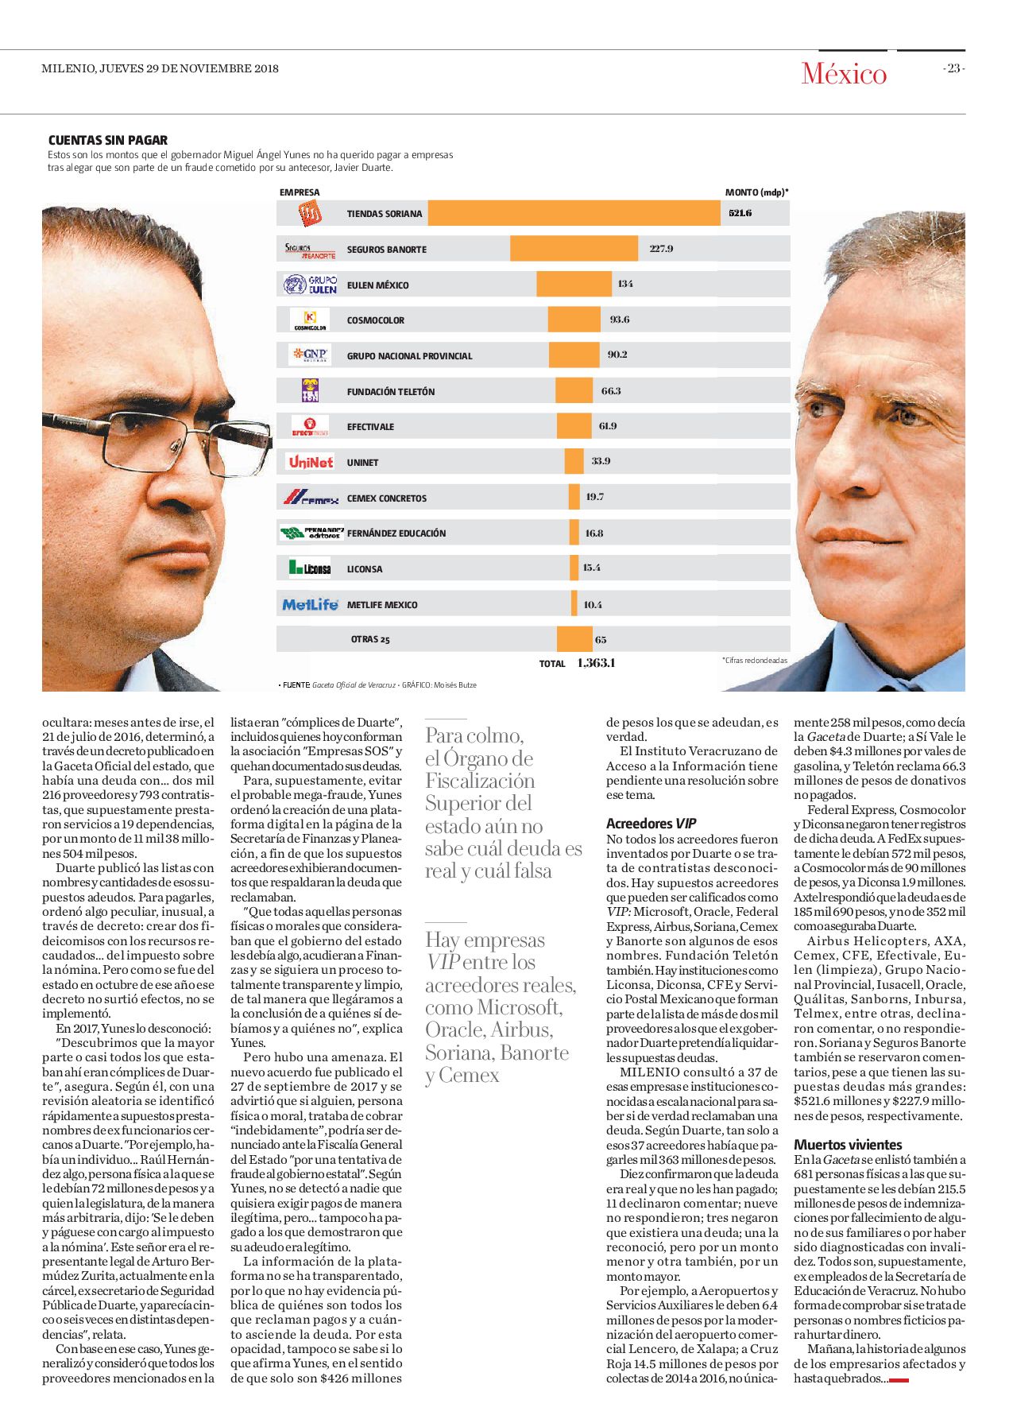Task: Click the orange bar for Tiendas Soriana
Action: pos(574,213)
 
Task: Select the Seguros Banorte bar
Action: pos(574,249)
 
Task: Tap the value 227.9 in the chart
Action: pos(661,249)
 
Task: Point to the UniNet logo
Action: pos(311,462)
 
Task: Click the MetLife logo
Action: pos(310,604)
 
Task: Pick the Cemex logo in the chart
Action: pos(311,498)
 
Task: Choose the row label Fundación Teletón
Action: pos(391,391)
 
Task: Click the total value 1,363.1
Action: pos(596,663)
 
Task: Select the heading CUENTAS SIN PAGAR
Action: pos(108,140)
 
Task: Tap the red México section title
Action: pos(844,74)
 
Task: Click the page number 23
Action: pos(953,68)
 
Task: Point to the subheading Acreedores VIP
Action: pos(651,824)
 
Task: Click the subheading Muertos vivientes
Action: pos(848,1145)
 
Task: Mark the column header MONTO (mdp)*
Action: pos(757,192)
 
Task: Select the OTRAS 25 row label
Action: pos(370,639)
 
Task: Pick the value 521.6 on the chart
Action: pos(740,213)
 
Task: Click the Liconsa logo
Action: pos(310,568)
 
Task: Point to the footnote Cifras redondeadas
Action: pos(755,661)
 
